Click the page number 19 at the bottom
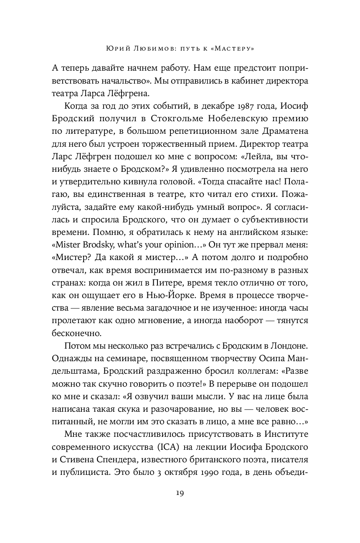click(180, 492)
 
